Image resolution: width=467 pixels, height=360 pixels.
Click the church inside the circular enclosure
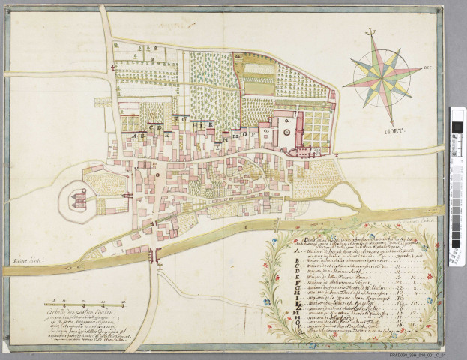click(77, 200)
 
